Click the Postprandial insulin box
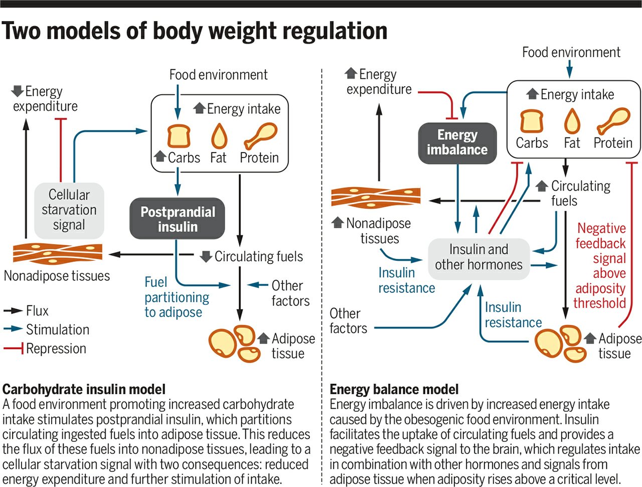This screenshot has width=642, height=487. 177,219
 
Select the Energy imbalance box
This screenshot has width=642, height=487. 457,142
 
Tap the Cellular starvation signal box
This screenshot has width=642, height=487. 69,210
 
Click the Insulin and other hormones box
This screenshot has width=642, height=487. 478,257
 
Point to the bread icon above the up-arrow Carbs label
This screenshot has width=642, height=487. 179,136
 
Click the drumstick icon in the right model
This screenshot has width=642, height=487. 613,121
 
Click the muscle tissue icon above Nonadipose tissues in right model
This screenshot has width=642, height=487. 376,197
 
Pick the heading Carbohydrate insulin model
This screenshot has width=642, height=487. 84,389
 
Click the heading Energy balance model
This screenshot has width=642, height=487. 394,389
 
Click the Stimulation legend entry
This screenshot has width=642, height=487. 46,330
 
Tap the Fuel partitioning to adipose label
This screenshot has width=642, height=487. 176,297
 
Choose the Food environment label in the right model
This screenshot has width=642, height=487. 571,52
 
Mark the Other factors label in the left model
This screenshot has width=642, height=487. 290,293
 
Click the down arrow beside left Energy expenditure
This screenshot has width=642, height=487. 18,91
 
